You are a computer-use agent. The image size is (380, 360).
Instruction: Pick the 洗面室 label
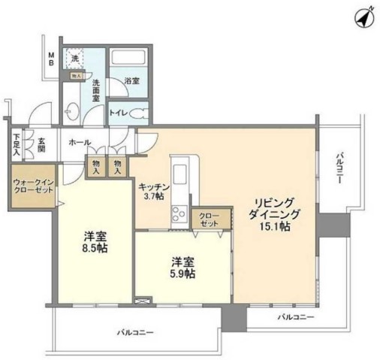[x=96, y=92]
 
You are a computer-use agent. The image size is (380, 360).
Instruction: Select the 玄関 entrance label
[x=42, y=144]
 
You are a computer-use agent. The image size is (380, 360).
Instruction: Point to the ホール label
[x=80, y=142]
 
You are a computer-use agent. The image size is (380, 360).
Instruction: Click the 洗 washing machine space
[x=74, y=57]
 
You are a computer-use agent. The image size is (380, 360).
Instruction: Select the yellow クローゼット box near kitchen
[x=206, y=220]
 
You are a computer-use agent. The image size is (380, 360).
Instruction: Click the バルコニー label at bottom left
[x=135, y=331]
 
